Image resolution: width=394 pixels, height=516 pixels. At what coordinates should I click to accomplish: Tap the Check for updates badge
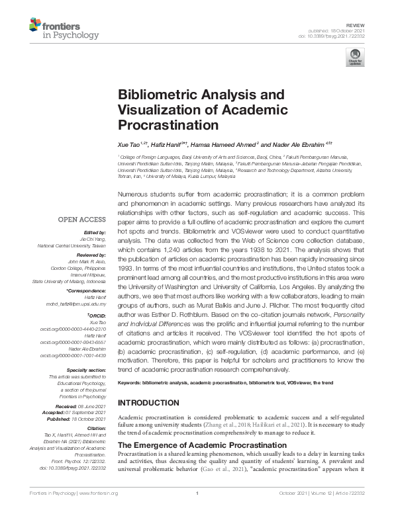point(354,60)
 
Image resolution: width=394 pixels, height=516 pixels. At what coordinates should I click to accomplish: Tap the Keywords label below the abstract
point(132,382)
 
